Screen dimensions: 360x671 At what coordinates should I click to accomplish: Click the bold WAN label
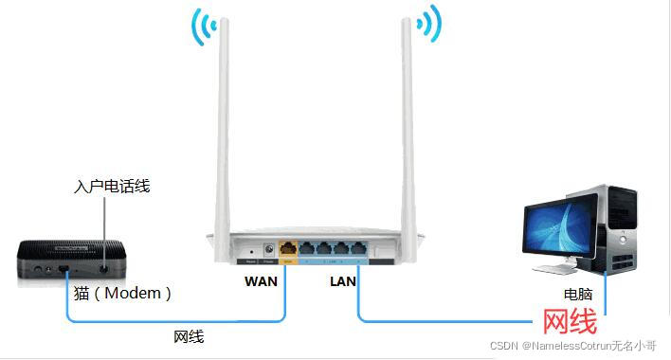(261, 281)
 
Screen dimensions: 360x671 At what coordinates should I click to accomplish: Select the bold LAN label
(342, 281)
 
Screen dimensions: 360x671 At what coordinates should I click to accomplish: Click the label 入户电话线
(112, 187)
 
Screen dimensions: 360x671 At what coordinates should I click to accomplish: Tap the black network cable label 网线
(189, 336)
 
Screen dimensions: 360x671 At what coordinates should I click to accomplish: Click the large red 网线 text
(564, 322)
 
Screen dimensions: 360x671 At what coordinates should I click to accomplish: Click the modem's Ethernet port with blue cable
(63, 271)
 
